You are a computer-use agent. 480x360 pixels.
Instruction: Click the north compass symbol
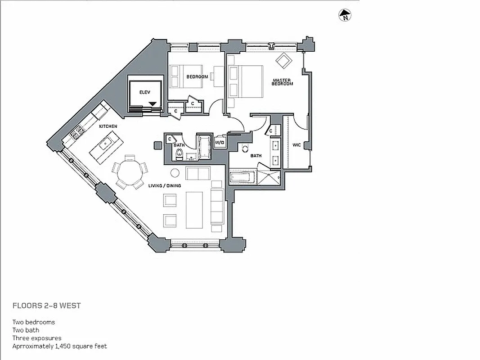click(x=345, y=15)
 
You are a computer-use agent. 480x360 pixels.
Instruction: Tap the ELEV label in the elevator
click(x=144, y=92)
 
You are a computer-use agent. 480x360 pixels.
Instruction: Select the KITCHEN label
click(x=108, y=126)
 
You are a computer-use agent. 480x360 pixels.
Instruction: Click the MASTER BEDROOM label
click(x=283, y=82)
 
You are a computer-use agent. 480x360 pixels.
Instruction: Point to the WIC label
click(x=296, y=145)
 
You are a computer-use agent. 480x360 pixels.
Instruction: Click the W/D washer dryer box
click(x=220, y=143)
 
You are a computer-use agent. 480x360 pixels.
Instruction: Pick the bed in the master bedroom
click(x=246, y=81)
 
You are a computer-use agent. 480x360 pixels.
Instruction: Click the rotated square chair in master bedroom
click(x=284, y=61)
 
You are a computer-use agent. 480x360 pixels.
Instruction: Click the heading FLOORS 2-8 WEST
click(x=47, y=306)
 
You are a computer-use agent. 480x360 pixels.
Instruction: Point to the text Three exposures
click(x=37, y=338)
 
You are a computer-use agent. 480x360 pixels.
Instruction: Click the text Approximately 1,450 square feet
click(x=59, y=346)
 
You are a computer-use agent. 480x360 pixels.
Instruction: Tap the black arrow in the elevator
click(x=153, y=104)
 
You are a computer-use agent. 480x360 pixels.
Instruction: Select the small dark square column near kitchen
click(x=157, y=145)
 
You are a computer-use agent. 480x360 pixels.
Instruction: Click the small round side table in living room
click(x=175, y=173)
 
